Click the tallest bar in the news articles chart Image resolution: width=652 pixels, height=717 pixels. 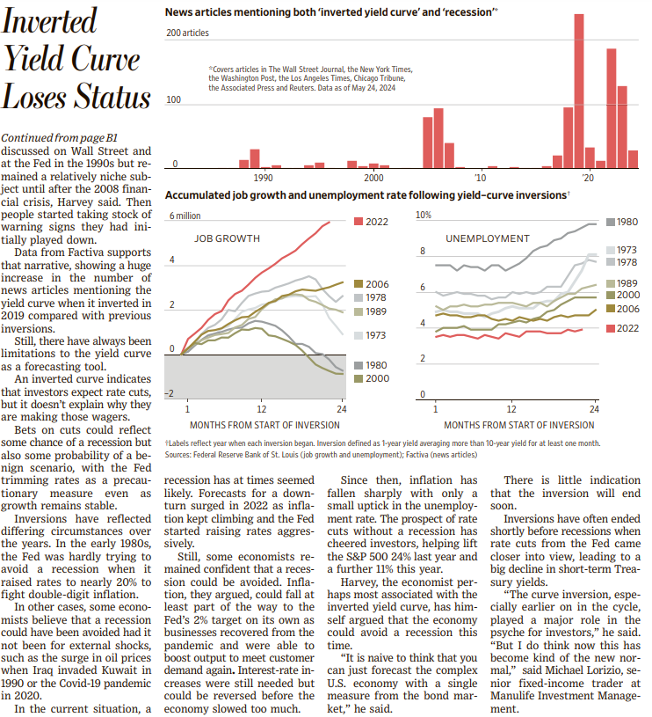click(578, 91)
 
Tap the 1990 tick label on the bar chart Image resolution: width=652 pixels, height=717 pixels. click(263, 178)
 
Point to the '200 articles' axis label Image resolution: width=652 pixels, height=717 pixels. click(188, 33)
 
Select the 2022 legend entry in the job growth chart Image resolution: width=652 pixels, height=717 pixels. click(371, 222)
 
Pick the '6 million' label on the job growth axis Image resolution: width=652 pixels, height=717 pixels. click(185, 216)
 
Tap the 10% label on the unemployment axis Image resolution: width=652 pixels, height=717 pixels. click(424, 215)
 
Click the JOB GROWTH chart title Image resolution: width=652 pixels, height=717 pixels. click(227, 238)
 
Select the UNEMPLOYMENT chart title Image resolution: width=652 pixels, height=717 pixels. click(488, 238)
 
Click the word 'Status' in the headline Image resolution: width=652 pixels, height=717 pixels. click(112, 97)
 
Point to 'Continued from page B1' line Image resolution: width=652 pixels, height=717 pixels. click(60, 137)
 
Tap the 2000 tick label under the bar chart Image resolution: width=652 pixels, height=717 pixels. click(373, 178)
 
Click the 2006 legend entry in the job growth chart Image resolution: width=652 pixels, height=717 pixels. click(372, 284)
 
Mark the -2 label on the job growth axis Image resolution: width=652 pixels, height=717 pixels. click(170, 394)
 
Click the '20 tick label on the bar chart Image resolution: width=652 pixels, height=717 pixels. click(588, 178)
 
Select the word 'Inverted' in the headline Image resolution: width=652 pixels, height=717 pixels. click(49, 20)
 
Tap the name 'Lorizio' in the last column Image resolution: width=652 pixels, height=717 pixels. click(582, 670)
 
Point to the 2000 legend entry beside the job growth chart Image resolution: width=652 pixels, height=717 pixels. click(372, 378)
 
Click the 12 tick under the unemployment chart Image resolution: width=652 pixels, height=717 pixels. click(511, 409)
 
